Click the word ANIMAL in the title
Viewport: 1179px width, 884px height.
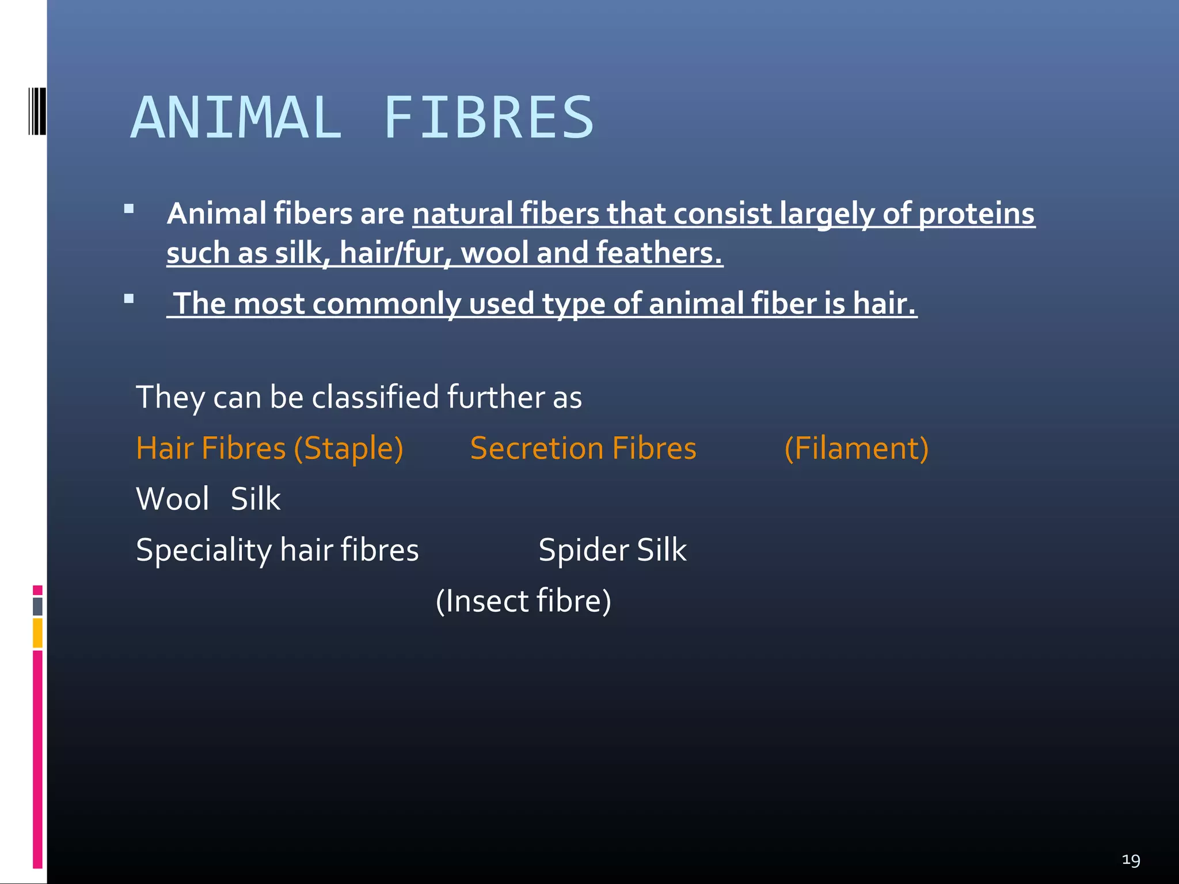(236, 118)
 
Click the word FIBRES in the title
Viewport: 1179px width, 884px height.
(488, 118)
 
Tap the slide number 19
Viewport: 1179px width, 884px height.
(1131, 860)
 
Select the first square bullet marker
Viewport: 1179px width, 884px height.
(129, 209)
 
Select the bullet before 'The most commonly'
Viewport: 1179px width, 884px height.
(129, 299)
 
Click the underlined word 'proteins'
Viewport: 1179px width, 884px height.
(976, 214)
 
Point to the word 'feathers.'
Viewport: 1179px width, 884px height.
(659, 253)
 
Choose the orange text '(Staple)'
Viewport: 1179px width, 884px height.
(348, 448)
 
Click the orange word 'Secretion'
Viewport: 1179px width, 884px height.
(537, 448)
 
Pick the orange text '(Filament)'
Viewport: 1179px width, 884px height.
(856, 448)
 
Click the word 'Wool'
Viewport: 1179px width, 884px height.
(172, 499)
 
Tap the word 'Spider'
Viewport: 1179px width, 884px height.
(583, 550)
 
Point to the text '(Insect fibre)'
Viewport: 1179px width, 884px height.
(523, 601)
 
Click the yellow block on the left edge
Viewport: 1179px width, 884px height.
(37, 632)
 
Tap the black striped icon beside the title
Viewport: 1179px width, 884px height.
(37, 111)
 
